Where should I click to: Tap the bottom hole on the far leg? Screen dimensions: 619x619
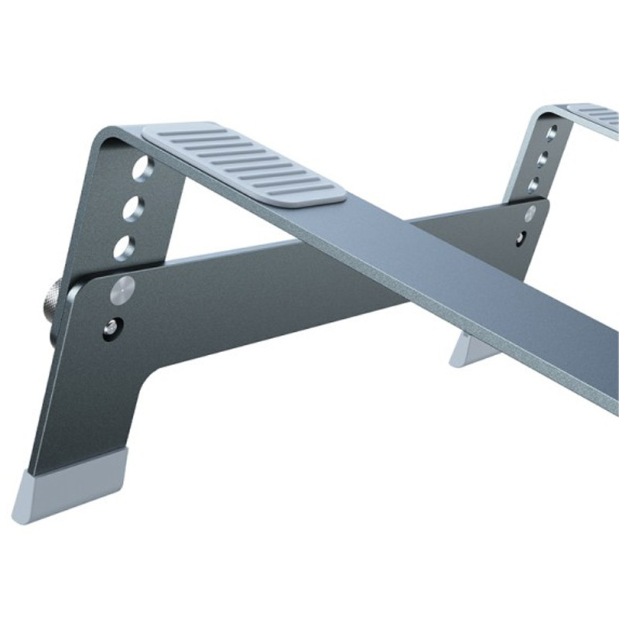[x=535, y=186]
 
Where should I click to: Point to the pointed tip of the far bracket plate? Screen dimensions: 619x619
[x=546, y=203]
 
